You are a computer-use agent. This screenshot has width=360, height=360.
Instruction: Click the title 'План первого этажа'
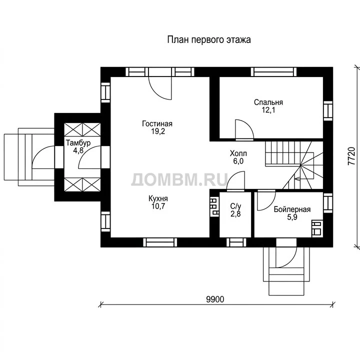click(x=209, y=39)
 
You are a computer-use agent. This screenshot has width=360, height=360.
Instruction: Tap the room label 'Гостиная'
click(x=157, y=124)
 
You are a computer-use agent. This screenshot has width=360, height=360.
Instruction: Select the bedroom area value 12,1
click(x=268, y=110)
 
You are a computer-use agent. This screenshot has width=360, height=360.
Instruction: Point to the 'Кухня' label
click(x=158, y=198)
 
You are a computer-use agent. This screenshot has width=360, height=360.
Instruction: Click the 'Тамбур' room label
click(x=78, y=143)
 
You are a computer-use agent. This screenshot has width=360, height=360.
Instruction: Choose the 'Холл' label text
click(x=238, y=153)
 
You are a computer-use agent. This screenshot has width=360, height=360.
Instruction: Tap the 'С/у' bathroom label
click(x=235, y=206)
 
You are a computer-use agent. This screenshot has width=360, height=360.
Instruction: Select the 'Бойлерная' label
click(x=292, y=209)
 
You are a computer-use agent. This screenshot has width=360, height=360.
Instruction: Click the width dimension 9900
click(x=215, y=299)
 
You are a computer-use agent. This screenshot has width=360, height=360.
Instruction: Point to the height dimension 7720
click(x=351, y=156)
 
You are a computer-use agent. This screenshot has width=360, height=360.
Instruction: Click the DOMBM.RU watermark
click(x=179, y=179)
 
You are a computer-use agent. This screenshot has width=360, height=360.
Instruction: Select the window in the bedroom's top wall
click(x=273, y=72)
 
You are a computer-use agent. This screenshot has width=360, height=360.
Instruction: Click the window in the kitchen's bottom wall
click(x=160, y=242)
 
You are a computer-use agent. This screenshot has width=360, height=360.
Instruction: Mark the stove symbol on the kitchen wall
click(x=214, y=206)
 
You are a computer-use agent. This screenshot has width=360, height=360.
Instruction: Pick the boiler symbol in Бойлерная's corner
click(x=317, y=228)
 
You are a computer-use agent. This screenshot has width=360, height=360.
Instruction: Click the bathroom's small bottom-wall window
click(x=236, y=242)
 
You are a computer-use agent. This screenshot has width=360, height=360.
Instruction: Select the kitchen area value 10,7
click(x=158, y=206)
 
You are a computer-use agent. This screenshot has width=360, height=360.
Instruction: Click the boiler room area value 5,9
click(x=292, y=217)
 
